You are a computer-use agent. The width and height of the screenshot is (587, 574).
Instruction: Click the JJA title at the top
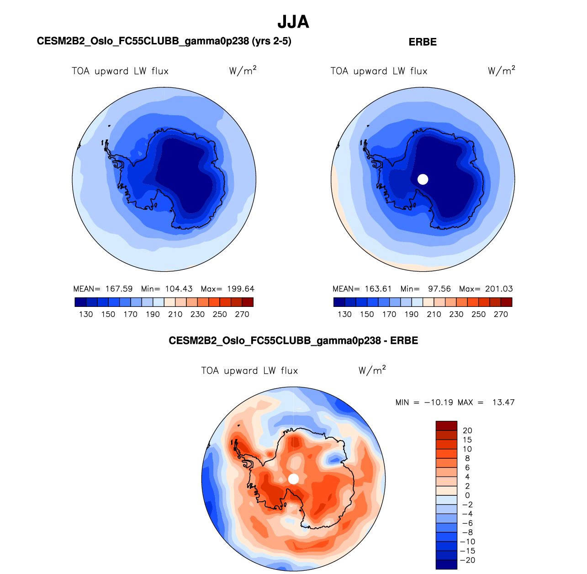(x=293, y=22)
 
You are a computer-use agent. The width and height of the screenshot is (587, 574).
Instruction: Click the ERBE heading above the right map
(x=423, y=42)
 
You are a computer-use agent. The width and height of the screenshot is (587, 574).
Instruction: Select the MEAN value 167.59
(x=119, y=289)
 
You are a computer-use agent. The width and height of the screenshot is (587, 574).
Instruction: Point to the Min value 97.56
(x=439, y=289)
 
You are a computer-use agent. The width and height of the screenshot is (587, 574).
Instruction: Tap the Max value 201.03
(x=499, y=289)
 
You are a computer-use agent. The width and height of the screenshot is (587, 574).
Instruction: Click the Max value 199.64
(x=240, y=289)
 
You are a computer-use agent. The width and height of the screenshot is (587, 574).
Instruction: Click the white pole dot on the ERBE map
(x=423, y=179)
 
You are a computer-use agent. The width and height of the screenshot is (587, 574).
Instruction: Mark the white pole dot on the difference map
(x=294, y=479)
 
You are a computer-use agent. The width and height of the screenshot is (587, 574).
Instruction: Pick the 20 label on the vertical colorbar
(x=467, y=430)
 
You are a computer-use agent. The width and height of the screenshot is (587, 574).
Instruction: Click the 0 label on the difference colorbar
(x=467, y=495)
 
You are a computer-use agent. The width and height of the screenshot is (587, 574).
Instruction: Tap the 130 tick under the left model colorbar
(x=86, y=314)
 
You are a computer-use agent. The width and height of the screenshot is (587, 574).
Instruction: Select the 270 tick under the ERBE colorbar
(x=501, y=314)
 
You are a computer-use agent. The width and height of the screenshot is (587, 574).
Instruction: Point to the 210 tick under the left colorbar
(x=175, y=314)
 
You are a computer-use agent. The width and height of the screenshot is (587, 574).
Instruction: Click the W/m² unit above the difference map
(x=372, y=370)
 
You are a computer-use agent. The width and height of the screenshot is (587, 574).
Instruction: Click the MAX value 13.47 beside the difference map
(x=503, y=402)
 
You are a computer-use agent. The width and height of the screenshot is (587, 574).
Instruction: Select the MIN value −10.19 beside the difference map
(x=439, y=402)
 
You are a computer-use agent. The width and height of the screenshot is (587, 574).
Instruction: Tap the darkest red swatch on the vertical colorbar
(x=446, y=426)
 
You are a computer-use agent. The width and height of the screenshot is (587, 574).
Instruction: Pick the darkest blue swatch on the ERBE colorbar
(x=339, y=302)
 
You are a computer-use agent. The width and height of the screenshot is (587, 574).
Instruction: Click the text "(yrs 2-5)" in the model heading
(x=271, y=42)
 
